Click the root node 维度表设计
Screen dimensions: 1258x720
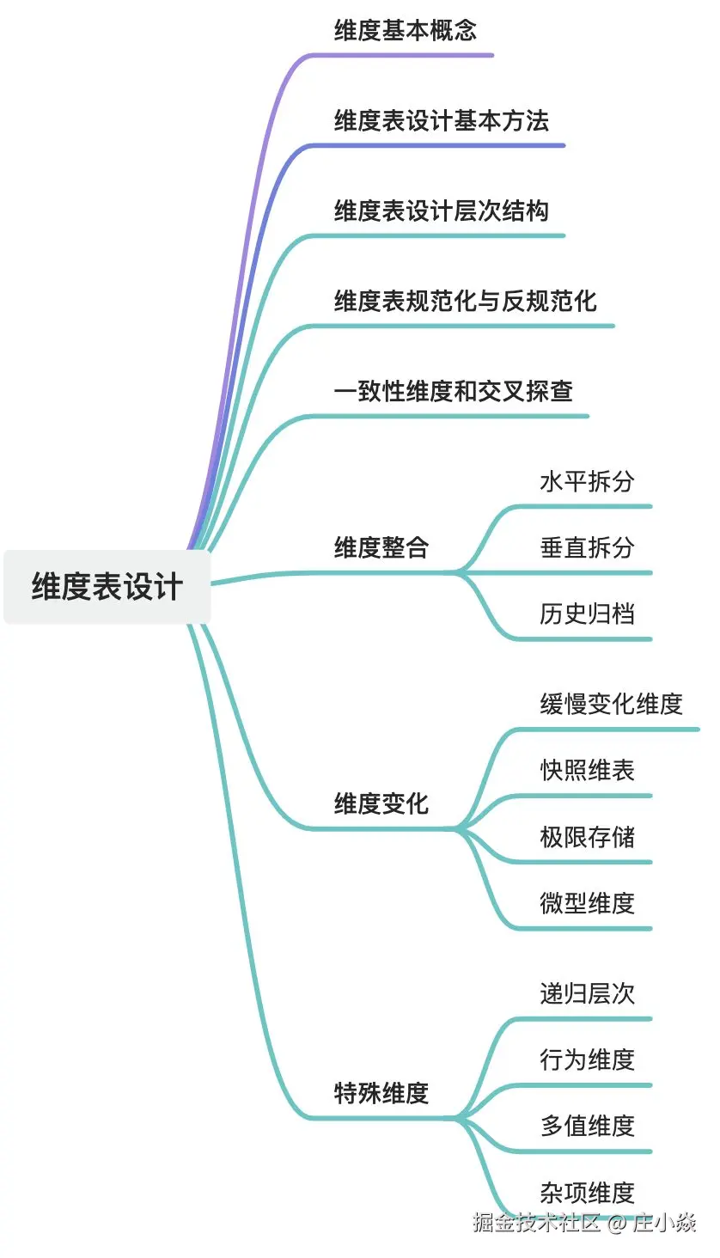click(x=107, y=587)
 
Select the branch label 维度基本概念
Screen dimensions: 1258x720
click(x=405, y=31)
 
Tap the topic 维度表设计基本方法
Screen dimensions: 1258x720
click(x=441, y=121)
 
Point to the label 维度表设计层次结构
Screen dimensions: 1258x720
click(x=441, y=211)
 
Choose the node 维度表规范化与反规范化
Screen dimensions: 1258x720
click(x=465, y=302)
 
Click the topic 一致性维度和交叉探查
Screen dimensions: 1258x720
click(x=453, y=392)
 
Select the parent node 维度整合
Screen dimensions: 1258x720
click(x=381, y=547)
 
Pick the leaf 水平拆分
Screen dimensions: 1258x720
click(x=587, y=481)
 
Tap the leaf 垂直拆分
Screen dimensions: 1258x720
click(x=587, y=547)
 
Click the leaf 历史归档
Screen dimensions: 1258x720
click(x=587, y=614)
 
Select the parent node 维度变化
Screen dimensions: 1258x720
click(x=381, y=804)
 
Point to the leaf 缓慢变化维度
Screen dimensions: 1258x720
click(x=611, y=704)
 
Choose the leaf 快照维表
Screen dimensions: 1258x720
click(x=587, y=770)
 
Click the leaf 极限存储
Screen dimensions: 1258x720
click(x=587, y=837)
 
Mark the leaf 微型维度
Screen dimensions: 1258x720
click(x=587, y=903)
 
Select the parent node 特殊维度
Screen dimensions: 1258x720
click(x=381, y=1094)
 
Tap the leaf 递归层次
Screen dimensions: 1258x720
click(x=587, y=993)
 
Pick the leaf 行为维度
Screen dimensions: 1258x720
click(x=587, y=1060)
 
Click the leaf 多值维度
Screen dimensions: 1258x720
click(x=587, y=1126)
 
